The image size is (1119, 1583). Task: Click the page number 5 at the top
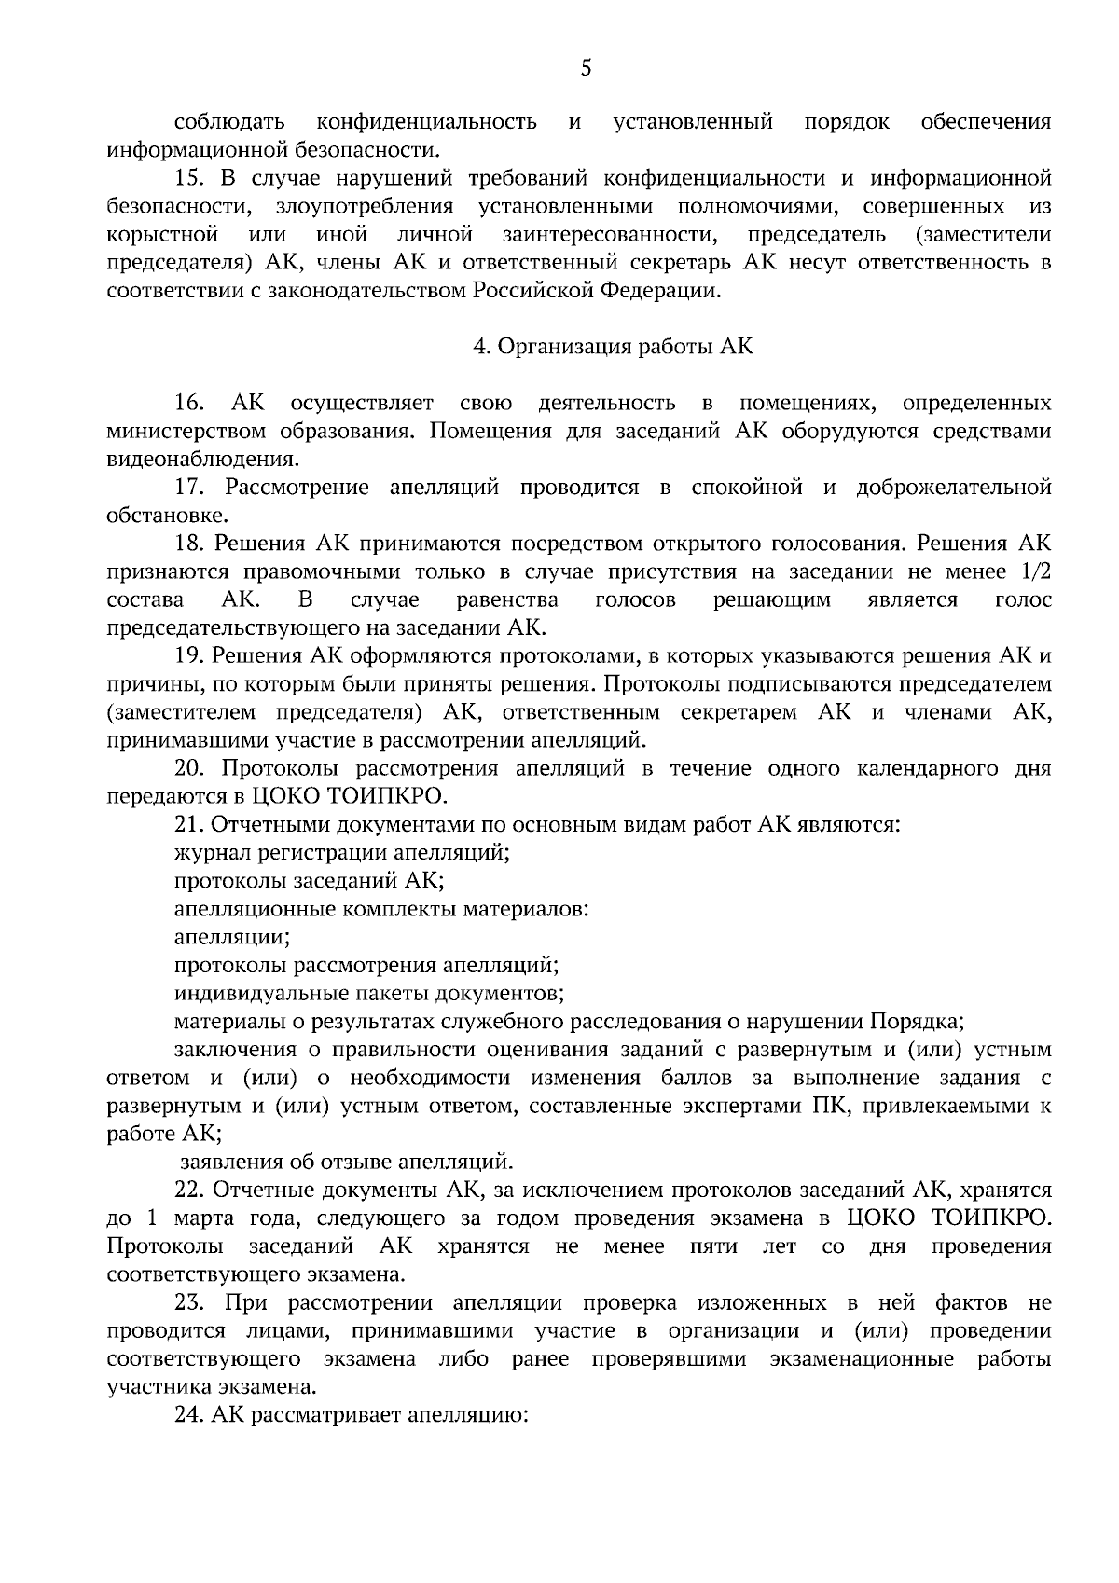tap(586, 68)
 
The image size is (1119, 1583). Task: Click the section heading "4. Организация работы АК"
tap(613, 347)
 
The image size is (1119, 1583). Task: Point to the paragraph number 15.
tap(190, 178)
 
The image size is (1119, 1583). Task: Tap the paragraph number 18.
tap(190, 544)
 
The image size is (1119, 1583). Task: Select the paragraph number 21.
tap(190, 824)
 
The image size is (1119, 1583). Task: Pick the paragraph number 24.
tap(190, 1414)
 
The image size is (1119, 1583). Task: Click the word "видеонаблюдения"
tap(201, 459)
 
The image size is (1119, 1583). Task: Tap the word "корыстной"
tap(162, 234)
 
